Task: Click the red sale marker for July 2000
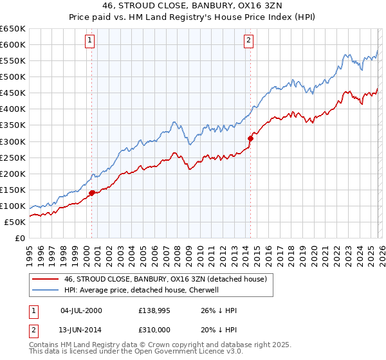[x=91, y=192]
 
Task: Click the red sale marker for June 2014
[x=250, y=138]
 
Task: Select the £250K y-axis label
[x=13, y=157]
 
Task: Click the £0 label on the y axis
[x=19, y=238]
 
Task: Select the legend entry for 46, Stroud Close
[x=160, y=279]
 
